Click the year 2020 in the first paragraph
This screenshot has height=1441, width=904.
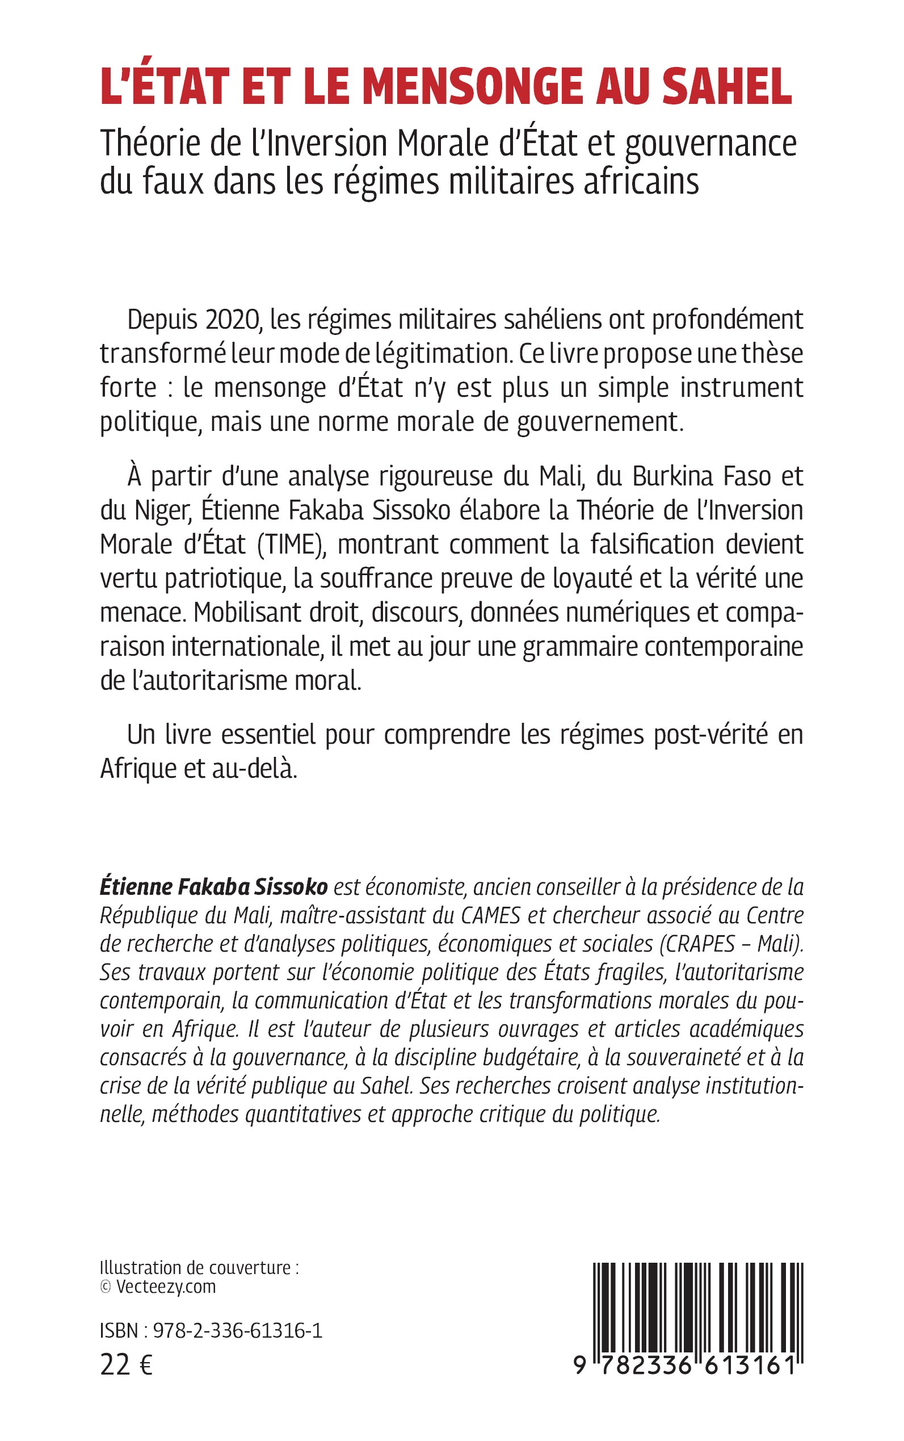[234, 320]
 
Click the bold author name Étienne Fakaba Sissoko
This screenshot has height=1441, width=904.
[213, 887]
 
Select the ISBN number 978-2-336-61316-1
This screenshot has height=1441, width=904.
[238, 1331]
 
